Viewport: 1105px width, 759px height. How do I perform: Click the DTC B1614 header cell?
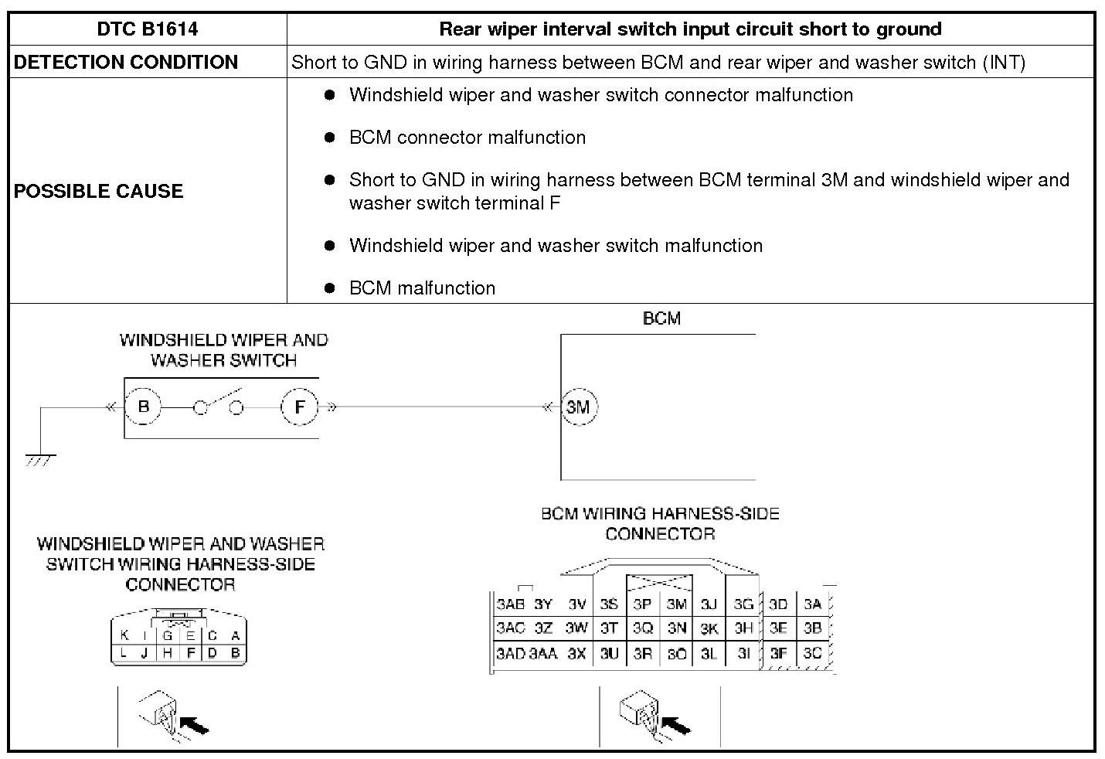[147, 29]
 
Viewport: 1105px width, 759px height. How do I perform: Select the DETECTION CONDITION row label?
[126, 63]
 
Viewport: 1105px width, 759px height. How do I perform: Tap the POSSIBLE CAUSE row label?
[99, 191]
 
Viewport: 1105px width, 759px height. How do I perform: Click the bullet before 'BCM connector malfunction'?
[330, 138]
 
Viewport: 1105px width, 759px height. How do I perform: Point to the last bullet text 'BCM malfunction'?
[422, 288]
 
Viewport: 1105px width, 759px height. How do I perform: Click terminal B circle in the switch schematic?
[143, 407]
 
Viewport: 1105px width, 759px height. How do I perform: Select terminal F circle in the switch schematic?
[300, 407]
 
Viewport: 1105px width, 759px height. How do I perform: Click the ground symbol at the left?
[40, 459]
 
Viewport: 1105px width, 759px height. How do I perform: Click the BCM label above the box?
[661, 318]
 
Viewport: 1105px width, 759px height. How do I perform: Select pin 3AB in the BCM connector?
[511, 604]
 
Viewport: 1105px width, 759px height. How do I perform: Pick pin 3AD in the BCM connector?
[511, 653]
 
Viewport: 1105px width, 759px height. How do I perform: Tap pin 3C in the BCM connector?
[812, 653]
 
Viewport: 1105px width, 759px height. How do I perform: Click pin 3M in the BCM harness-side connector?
[677, 604]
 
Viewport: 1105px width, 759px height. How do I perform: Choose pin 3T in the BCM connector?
[609, 628]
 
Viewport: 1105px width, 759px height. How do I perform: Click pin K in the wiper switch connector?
[124, 636]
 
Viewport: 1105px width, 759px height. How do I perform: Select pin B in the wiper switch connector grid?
[235, 653]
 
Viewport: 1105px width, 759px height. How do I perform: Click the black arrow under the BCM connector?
[677, 726]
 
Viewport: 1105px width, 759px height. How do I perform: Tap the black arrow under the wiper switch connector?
[195, 726]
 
